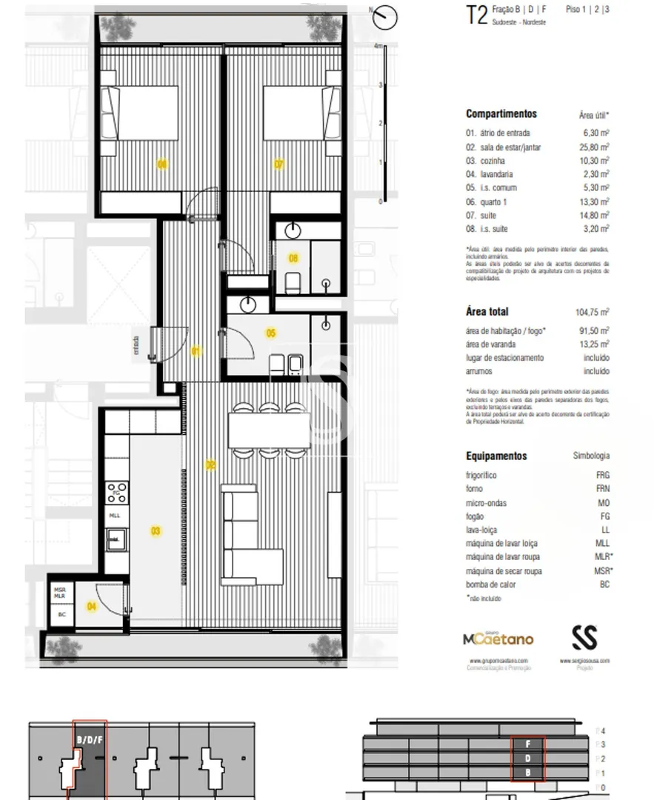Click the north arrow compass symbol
[x=384, y=16]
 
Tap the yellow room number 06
[x=161, y=164]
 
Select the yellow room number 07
[x=278, y=164]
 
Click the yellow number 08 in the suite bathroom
[x=293, y=258]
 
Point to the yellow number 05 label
[x=271, y=333]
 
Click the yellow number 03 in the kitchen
[x=156, y=530]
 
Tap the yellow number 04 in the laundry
[x=92, y=606]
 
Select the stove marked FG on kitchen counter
[x=117, y=492]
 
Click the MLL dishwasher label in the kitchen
[x=115, y=516]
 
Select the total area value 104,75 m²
[x=593, y=312]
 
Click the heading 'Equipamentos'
[x=496, y=456]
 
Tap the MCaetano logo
[x=497, y=639]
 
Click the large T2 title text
[x=476, y=16]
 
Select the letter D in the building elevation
[x=528, y=759]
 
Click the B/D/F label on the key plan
[x=90, y=739]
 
